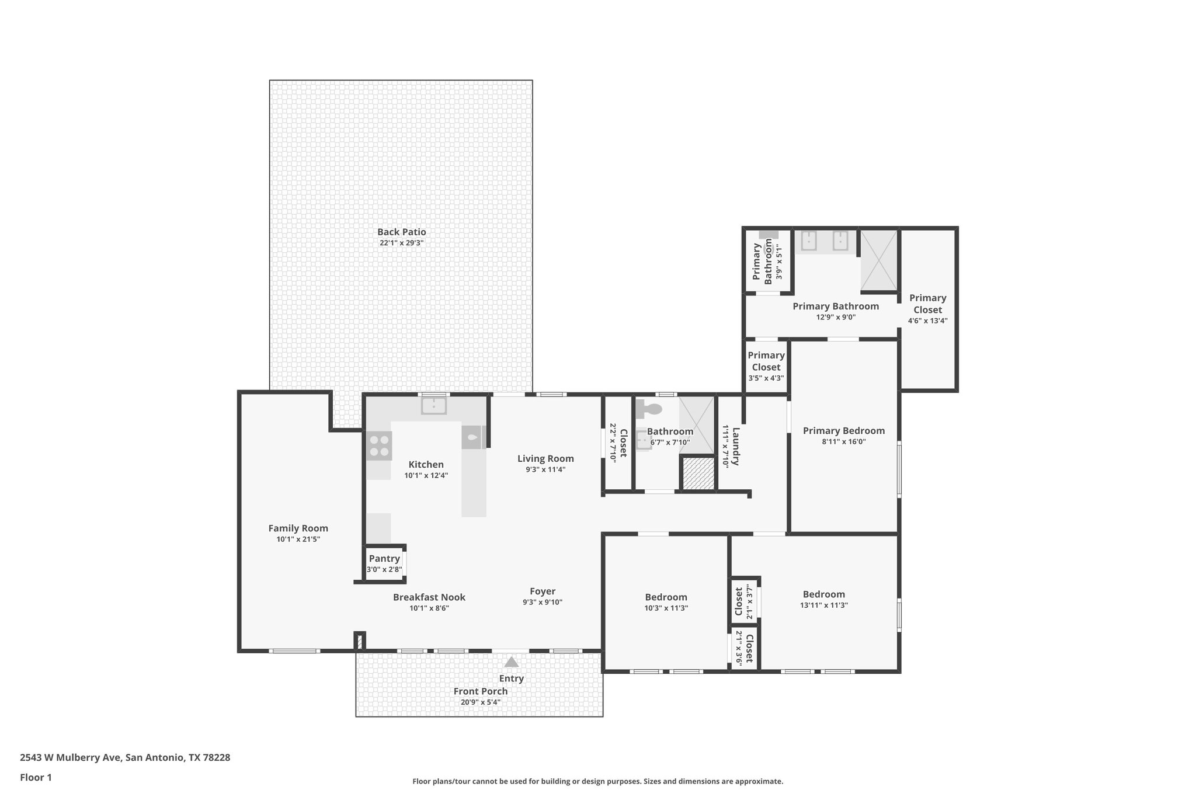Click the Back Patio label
point(401,232)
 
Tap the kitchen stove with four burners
point(379,446)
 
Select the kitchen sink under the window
point(434,405)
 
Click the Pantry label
point(384,559)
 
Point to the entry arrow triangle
point(512,662)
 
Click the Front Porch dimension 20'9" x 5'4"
point(480,702)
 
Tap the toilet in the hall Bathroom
point(649,409)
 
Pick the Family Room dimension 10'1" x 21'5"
point(298,540)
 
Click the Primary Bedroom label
point(843,431)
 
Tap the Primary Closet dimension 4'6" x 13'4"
point(927,321)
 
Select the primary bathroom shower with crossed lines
point(879,260)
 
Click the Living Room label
point(545,459)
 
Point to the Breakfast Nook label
point(429,597)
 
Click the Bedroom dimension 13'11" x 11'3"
point(823,605)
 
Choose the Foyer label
point(543,591)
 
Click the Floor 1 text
point(36,777)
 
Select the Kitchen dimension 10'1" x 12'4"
point(426,475)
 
